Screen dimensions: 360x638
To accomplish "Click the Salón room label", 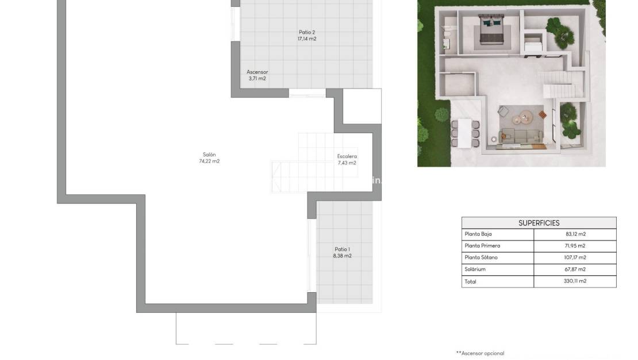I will click(x=209, y=154).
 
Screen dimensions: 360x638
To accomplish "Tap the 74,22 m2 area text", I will click(x=209, y=161).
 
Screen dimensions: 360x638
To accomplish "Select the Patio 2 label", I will click(x=307, y=32).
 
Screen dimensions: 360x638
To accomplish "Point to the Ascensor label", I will click(x=257, y=72).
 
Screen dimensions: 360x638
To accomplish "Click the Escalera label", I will click(x=347, y=156).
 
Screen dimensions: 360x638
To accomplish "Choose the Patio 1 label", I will click(x=342, y=249).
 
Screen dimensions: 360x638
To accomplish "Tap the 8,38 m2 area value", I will click(x=342, y=256).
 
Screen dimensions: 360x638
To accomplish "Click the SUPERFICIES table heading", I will click(x=539, y=223).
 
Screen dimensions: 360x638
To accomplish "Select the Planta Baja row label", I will click(x=478, y=234).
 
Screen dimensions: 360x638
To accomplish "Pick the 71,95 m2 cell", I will click(x=575, y=246).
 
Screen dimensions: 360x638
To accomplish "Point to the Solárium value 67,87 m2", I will click(x=575, y=269).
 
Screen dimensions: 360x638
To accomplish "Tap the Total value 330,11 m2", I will click(x=575, y=281).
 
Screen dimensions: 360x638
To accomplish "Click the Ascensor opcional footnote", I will click(x=480, y=353).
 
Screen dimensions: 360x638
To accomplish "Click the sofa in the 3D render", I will click(x=521, y=136).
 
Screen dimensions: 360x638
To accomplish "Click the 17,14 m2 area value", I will click(x=307, y=39).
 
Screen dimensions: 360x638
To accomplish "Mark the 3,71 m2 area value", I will click(x=257, y=79).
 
